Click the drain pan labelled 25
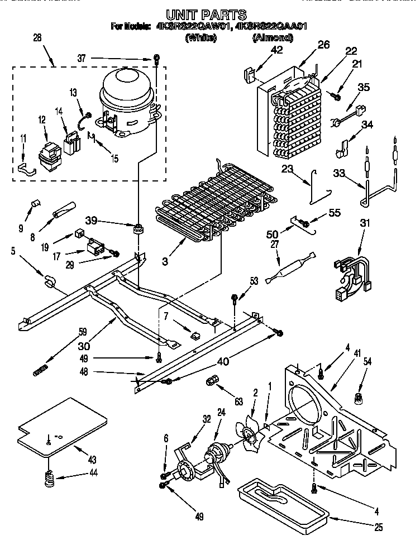point(282,502)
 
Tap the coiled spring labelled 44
point(50,478)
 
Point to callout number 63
point(238,400)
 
